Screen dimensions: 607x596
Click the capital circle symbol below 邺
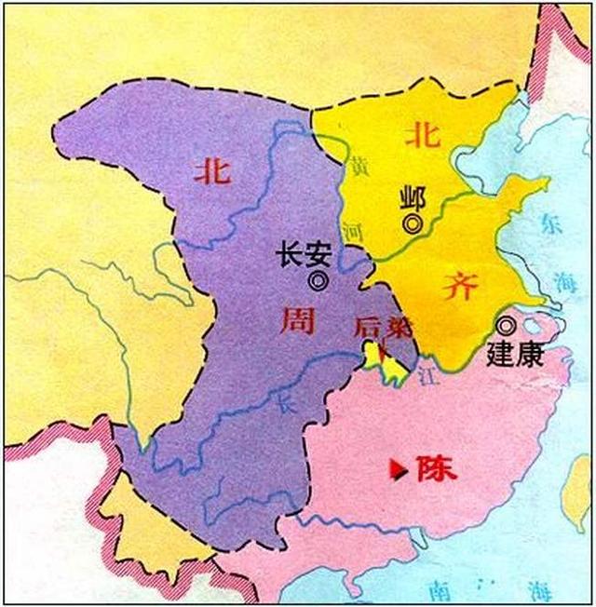pyautogui.click(x=411, y=223)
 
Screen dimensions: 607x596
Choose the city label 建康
pyautogui.click(x=514, y=354)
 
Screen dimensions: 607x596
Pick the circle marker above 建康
pyautogui.click(x=505, y=326)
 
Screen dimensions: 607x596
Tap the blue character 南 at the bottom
pyautogui.click(x=435, y=587)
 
